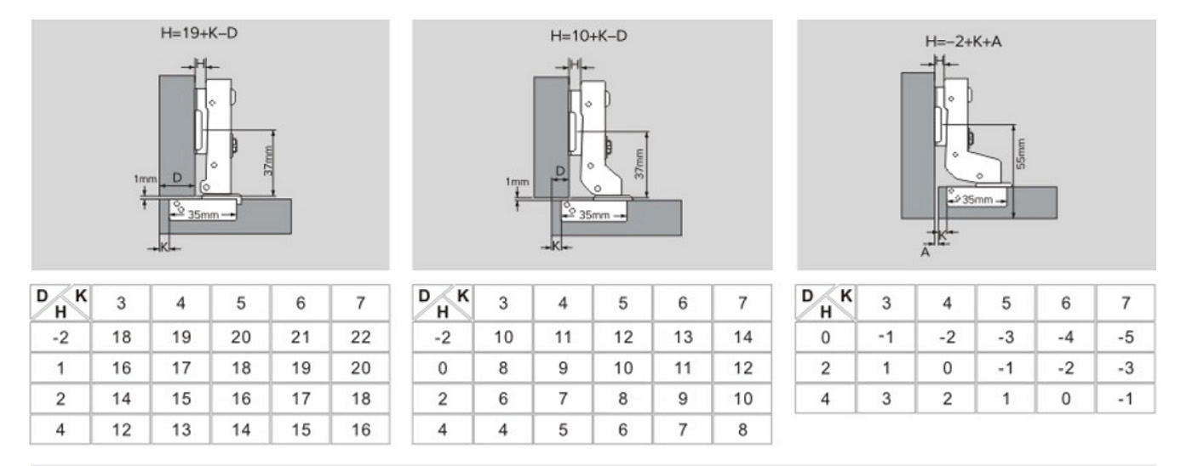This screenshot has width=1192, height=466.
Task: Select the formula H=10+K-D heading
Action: pos(592,37)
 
